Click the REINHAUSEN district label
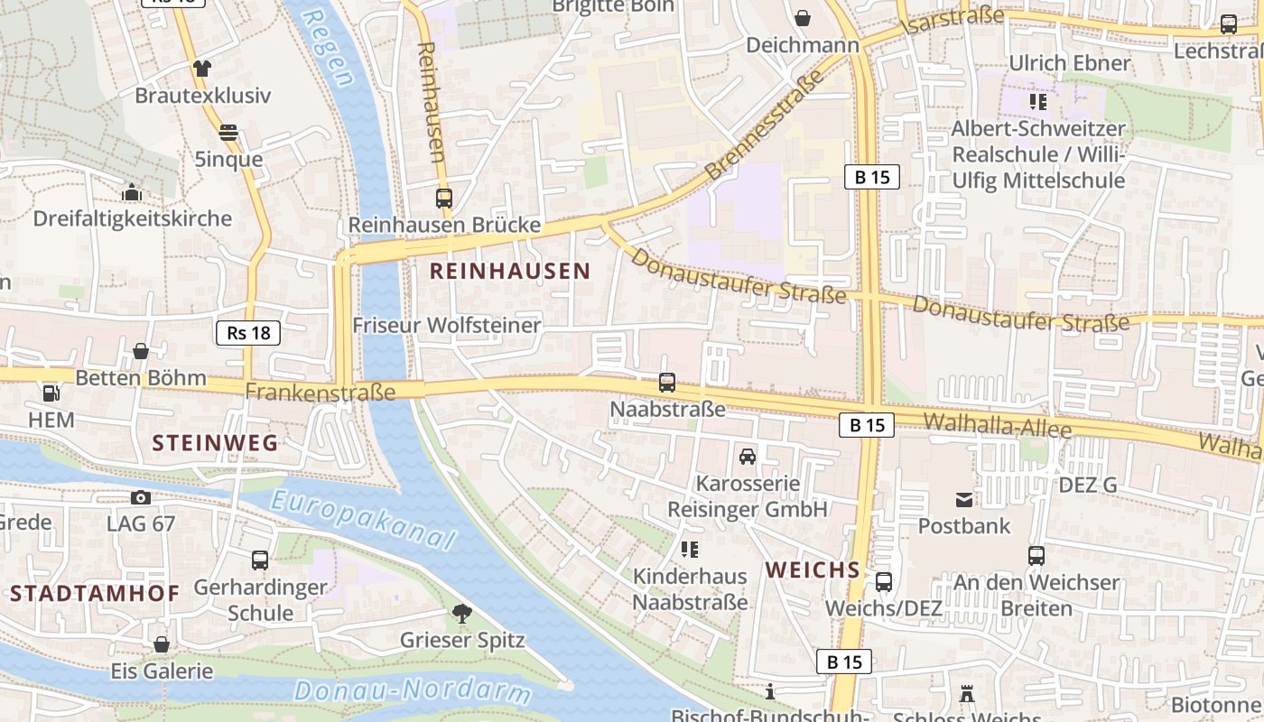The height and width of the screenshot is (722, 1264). coord(510,271)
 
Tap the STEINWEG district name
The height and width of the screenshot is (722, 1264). coord(216,443)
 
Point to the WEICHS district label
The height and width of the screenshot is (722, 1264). coord(813,570)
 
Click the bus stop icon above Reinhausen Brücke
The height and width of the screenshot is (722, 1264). coord(444,199)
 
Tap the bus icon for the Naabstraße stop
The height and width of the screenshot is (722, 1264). coord(667,383)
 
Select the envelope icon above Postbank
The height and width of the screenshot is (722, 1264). coord(964,499)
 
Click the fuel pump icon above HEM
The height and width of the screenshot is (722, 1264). coord(51,393)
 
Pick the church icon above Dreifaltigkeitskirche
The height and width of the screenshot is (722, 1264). coord(132,192)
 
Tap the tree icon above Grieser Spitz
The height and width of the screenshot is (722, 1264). coord(462,615)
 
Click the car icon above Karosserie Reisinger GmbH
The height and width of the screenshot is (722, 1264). coord(748,457)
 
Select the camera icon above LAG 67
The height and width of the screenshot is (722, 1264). coord(141,497)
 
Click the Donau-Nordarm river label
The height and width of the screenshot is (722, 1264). coord(413,692)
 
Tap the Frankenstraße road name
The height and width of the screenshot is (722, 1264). coord(321,393)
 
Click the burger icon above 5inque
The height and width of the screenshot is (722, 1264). coord(228,133)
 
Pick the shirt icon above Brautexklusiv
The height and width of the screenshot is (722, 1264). coord(202,69)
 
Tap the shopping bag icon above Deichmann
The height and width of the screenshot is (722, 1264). coord(802,18)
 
